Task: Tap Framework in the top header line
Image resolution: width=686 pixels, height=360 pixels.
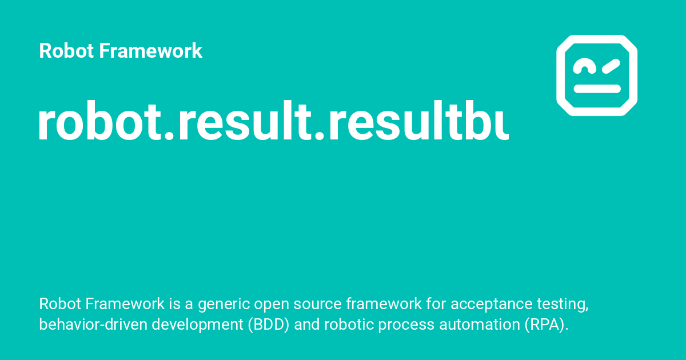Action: [x=151, y=51]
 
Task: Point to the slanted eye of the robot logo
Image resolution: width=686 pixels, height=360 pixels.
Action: [x=611, y=67]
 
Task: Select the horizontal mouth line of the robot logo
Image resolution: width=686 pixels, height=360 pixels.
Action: [x=597, y=89]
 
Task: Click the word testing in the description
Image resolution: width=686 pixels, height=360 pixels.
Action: [x=565, y=304]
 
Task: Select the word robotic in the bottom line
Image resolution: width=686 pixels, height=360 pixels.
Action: [x=345, y=325]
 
